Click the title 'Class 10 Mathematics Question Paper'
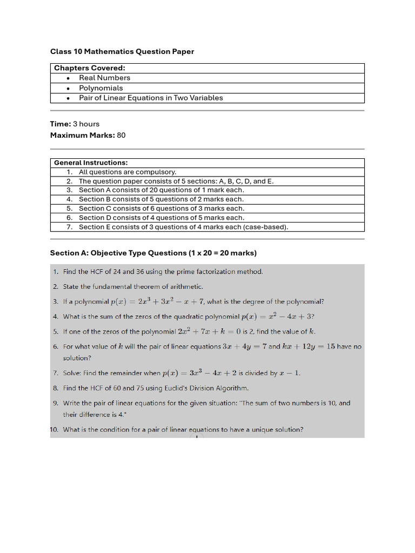point(122,51)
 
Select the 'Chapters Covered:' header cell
point(90,68)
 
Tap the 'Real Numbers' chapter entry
point(104,78)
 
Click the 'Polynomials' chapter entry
point(101,88)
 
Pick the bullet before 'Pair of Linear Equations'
point(68,98)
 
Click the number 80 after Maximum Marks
point(121,135)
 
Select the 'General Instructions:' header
point(91,163)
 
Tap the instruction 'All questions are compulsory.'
point(128,172)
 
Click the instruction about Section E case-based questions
point(183,227)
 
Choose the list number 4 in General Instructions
point(69,199)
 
